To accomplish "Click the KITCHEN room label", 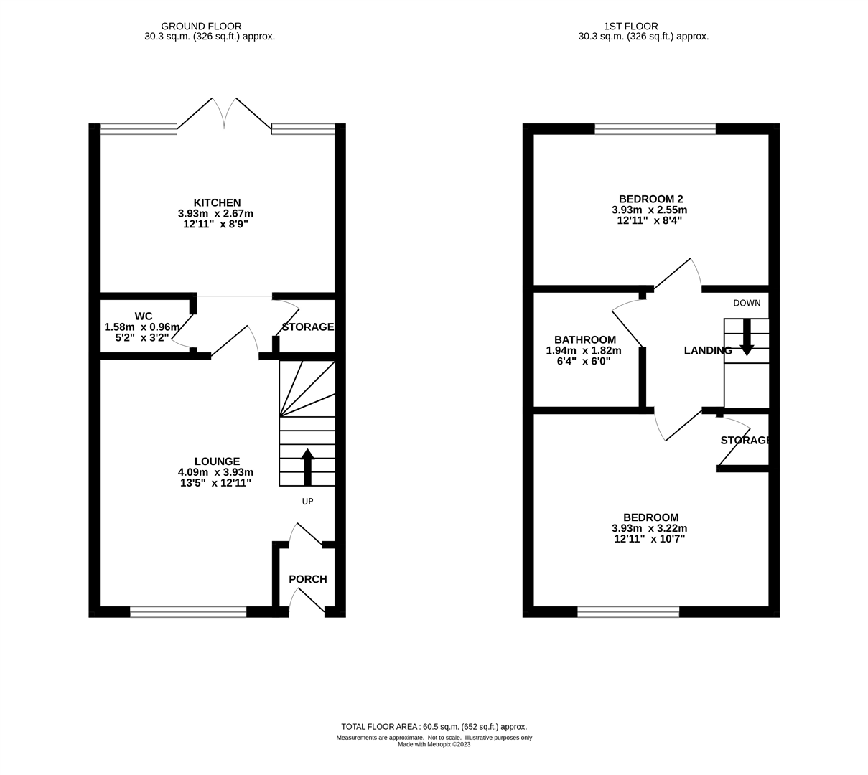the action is [218, 202].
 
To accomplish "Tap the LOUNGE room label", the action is [218, 461].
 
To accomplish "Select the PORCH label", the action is [307, 579].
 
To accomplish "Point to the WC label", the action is [143, 316].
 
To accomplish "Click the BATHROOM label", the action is [585, 339].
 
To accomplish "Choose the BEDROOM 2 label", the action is [650, 199].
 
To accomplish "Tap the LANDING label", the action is [708, 350].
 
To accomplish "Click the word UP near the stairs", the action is [307, 502].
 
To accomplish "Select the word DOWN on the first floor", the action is [747, 303].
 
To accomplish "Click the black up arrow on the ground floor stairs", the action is [307, 467].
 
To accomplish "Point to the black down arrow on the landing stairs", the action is [747, 337].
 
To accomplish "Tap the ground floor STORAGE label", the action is [307, 327].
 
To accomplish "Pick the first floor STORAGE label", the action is [745, 440].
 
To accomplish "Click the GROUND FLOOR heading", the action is [201, 27].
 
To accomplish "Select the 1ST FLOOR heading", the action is [630, 27].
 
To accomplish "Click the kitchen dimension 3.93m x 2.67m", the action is [215, 213].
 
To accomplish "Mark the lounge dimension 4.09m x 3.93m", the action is [215, 472].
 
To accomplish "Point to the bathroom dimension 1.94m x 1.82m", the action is [584, 351].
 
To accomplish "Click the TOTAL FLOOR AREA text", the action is [434, 727].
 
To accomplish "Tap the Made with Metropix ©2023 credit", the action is [434, 745].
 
